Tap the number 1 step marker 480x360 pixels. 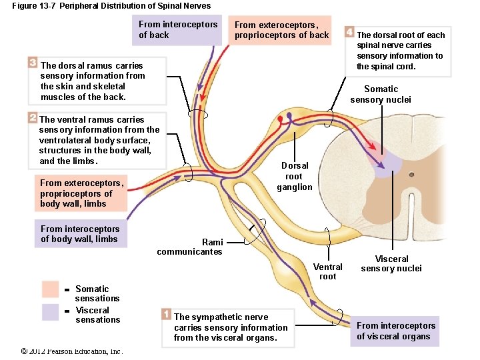tap(166, 313)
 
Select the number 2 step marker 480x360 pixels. tap(33, 117)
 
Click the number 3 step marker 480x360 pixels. tap(33, 62)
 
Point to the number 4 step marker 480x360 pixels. tap(349, 31)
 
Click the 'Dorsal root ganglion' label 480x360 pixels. tap(295, 176)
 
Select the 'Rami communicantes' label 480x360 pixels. tap(189, 247)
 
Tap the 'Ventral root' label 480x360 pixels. tap(327, 271)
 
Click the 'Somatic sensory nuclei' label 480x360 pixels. tap(381, 94)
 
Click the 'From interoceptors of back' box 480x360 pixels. tap(177, 30)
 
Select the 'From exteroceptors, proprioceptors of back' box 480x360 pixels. tap(281, 30)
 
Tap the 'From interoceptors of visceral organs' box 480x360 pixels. tap(396, 331)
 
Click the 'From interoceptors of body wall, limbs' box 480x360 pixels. tap(79, 234)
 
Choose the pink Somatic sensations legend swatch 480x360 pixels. tap(51, 289)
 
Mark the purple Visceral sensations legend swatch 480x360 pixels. tap(51, 312)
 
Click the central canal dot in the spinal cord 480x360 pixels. tap(412, 175)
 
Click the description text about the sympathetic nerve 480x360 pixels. tap(231, 327)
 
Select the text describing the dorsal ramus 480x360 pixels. tap(93, 81)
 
